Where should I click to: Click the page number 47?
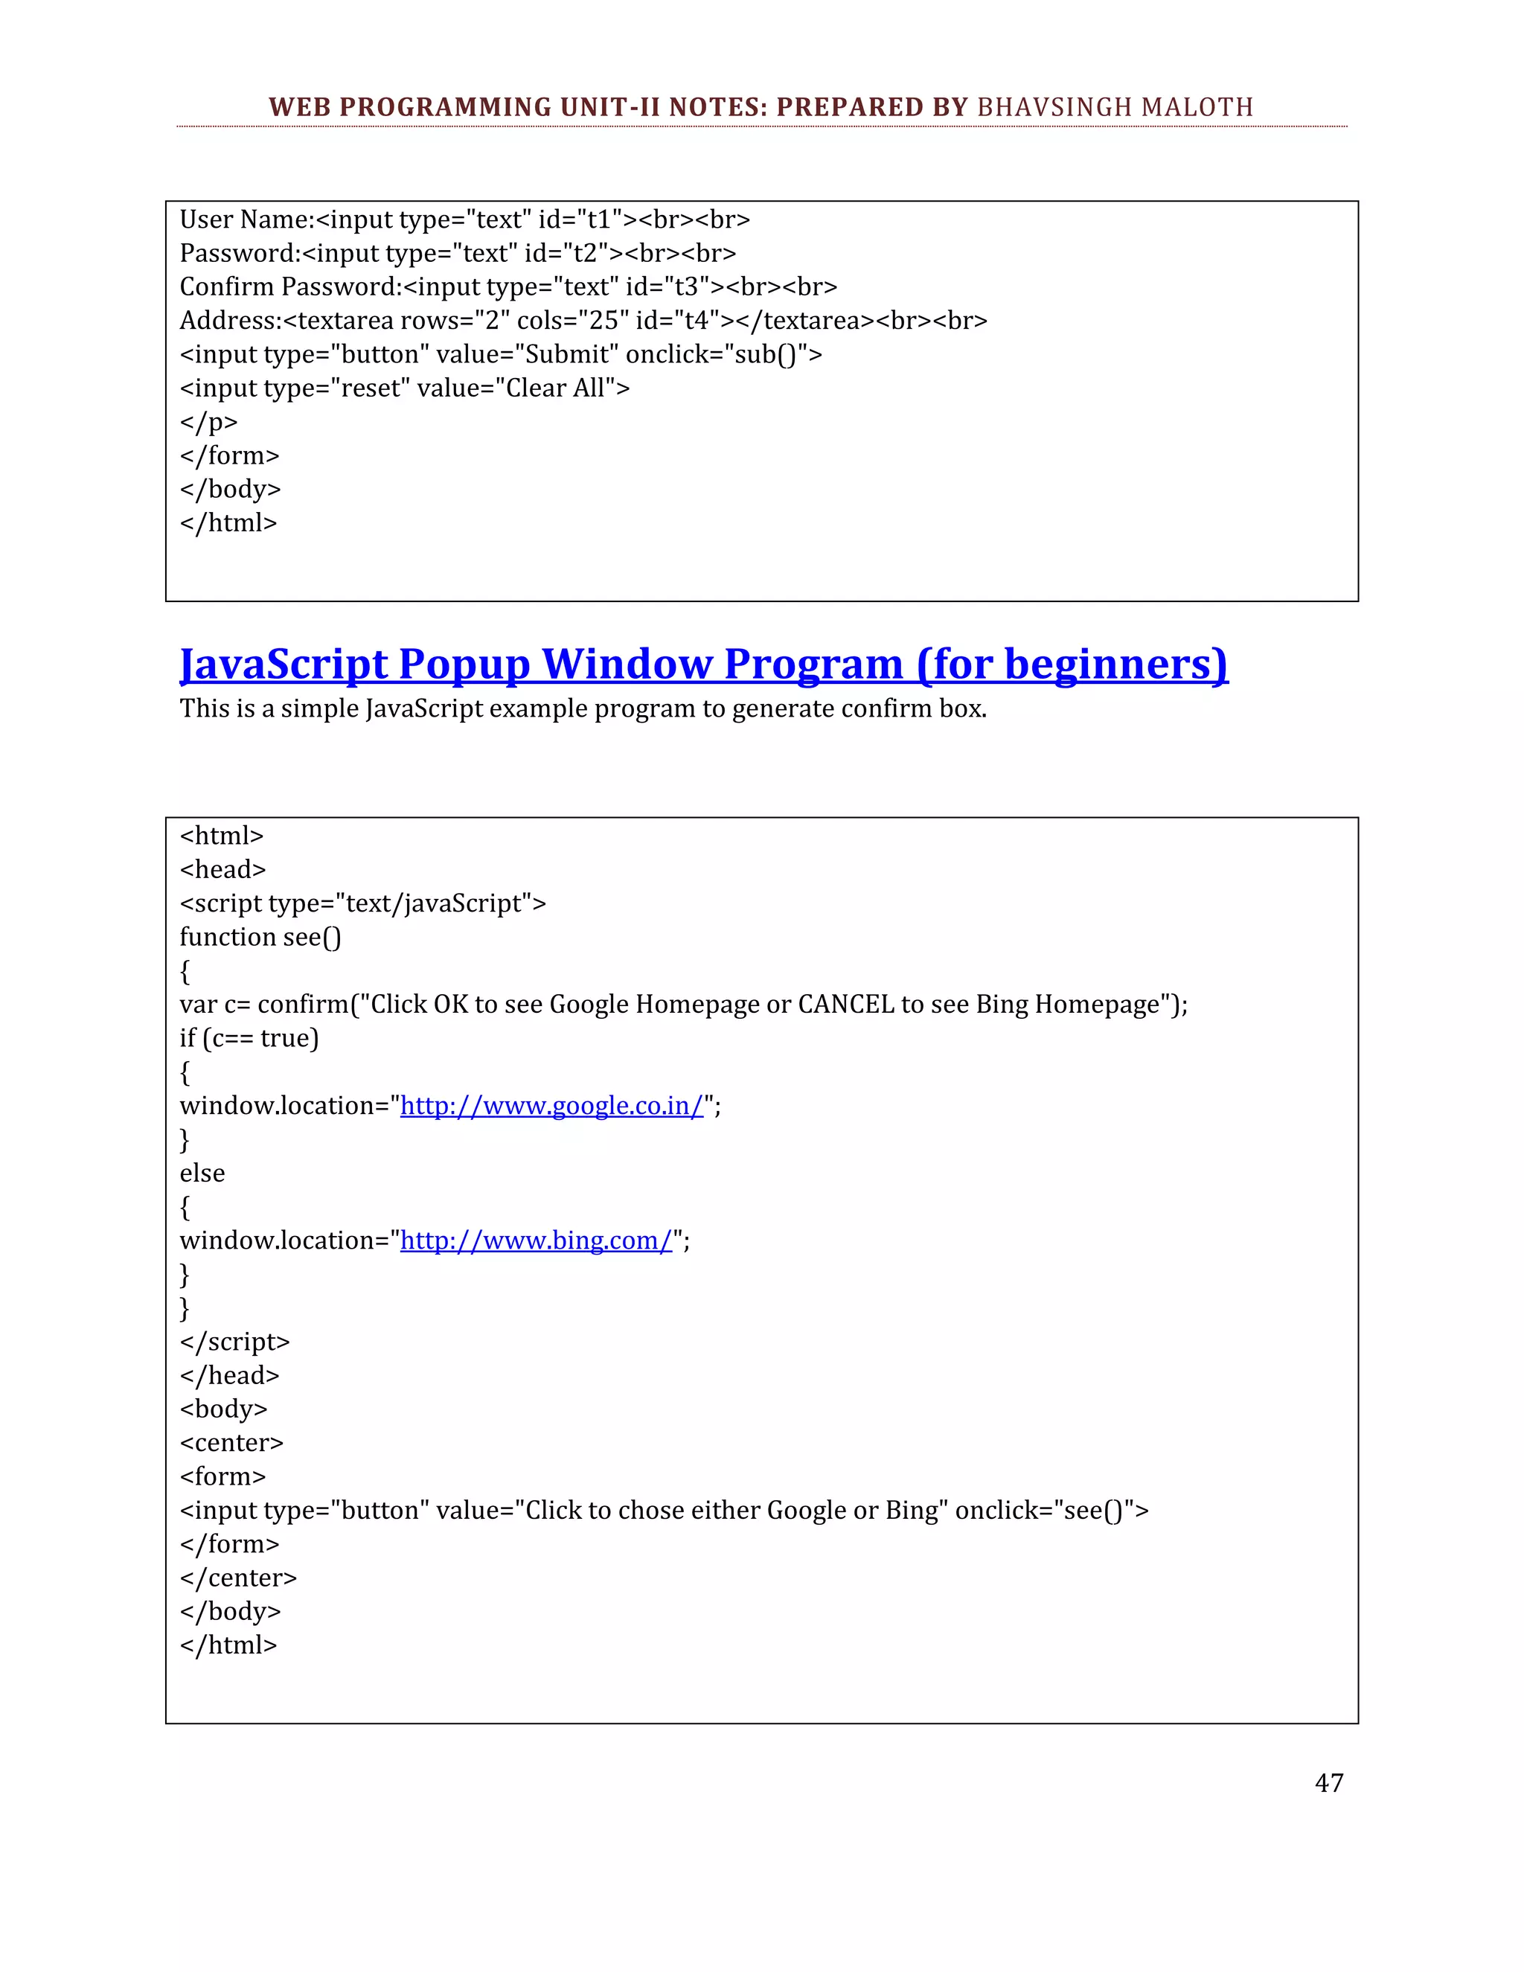[x=1329, y=1782]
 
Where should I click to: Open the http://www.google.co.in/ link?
[x=551, y=1105]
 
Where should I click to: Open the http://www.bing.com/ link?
[x=537, y=1240]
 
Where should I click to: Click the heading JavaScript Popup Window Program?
[x=703, y=665]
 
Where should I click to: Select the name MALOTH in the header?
[x=1197, y=107]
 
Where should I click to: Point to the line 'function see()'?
[x=260, y=937]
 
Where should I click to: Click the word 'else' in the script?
[x=202, y=1173]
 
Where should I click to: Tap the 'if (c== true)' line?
[x=249, y=1038]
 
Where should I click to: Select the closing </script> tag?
[x=234, y=1342]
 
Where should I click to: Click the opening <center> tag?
[x=232, y=1443]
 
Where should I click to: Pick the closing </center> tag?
[x=238, y=1578]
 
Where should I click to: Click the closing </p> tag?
[x=208, y=422]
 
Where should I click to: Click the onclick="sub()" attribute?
[x=723, y=354]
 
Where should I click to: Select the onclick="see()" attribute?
[x=1051, y=1511]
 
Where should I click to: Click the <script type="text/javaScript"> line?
[x=363, y=904]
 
